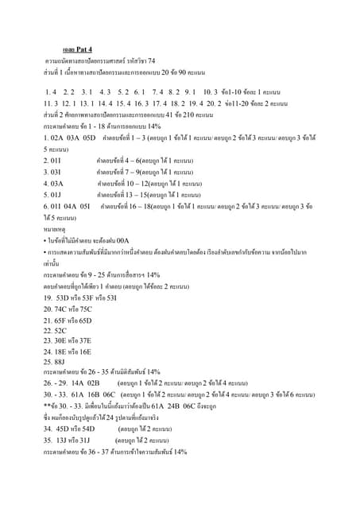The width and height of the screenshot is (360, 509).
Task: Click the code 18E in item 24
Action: pos(58,351)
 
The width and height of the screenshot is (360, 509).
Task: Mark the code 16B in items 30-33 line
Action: pos(87,394)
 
